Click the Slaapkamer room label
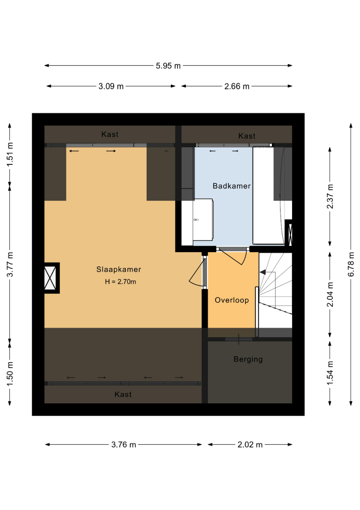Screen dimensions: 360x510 [118, 269]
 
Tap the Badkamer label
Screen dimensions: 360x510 [232, 186]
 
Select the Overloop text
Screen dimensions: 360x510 [232, 300]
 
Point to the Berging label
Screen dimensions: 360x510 [248, 359]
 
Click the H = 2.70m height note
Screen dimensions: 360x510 [120, 281]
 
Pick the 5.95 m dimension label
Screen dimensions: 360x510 [168, 66]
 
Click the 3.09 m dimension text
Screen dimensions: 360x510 [111, 86]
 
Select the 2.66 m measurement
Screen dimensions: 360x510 [237, 86]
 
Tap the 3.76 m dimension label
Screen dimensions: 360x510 [124, 445]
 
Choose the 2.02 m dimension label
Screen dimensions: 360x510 [250, 445]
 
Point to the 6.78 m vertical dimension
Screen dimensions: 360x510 [351, 264]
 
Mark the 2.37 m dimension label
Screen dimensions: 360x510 [330, 196]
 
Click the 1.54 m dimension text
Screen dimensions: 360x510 [330, 373]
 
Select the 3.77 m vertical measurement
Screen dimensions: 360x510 [10, 264]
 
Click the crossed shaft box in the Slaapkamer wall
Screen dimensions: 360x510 [50, 278]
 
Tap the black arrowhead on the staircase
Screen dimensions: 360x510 [262, 272]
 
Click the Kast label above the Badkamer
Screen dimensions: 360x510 [247, 136]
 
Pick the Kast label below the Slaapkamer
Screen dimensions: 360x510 [123, 394]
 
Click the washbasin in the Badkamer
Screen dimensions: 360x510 [203, 220]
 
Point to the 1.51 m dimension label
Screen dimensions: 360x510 [10, 154]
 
